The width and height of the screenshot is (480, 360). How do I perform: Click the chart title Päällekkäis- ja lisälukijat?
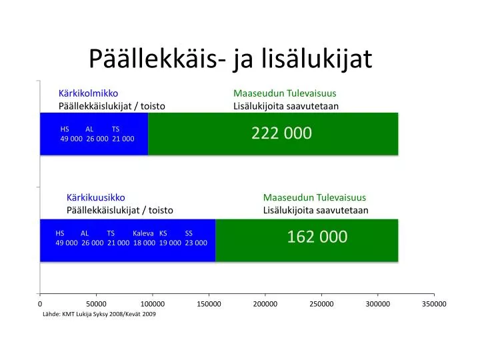point(231,59)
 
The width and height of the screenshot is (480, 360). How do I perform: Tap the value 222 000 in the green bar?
point(281,133)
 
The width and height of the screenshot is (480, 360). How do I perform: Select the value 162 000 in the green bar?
point(317,237)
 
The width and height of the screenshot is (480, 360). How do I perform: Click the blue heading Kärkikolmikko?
point(88,93)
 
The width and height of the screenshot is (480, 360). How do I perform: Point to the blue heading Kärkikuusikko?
point(96,197)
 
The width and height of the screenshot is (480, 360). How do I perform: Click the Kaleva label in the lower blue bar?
point(143,233)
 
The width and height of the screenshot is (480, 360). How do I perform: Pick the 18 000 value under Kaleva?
point(144,243)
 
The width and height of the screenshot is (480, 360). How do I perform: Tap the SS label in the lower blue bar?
point(189,233)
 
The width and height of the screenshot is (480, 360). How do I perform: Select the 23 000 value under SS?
point(196,243)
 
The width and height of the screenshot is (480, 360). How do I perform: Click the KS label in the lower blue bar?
point(163,233)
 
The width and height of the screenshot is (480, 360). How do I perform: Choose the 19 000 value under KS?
point(170,243)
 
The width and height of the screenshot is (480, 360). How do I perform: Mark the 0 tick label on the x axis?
point(40,304)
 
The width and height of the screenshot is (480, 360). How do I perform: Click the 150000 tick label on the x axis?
point(209,304)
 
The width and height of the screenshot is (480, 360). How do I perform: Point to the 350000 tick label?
point(434,304)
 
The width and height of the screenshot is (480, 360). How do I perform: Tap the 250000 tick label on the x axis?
point(321,304)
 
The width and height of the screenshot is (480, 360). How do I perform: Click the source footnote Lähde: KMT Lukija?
point(99,314)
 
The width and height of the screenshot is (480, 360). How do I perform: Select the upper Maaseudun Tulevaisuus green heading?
point(285,93)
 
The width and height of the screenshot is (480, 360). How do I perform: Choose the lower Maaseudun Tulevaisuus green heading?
point(315,197)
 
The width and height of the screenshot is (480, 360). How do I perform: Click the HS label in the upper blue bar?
point(65,129)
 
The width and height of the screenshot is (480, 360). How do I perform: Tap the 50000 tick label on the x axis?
point(96,304)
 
